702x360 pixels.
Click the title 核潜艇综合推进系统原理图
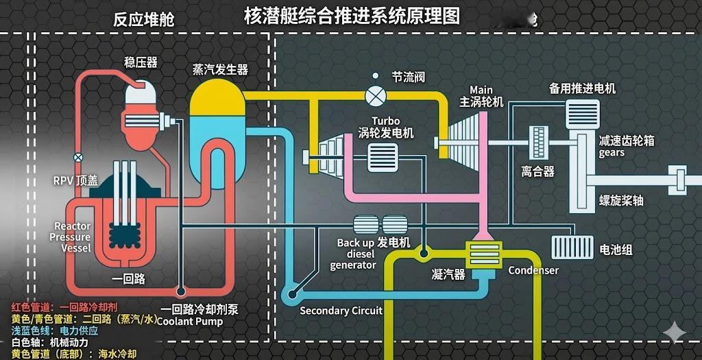click(352, 16)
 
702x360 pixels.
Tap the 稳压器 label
click(141, 62)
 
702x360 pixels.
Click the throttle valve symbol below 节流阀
click(375, 95)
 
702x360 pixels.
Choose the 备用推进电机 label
click(582, 88)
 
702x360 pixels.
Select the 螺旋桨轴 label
click(621, 200)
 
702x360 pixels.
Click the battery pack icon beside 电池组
click(572, 247)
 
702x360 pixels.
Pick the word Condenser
click(533, 270)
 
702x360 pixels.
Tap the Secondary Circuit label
click(341, 311)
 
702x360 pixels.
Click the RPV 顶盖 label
click(75, 180)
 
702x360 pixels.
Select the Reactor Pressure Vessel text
click(71, 237)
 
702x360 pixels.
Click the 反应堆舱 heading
click(144, 19)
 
